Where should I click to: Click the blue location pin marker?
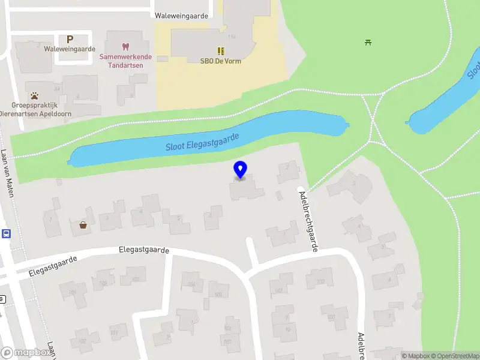point(240,170)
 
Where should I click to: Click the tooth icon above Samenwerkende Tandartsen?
point(125,46)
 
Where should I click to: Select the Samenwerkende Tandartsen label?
point(125,61)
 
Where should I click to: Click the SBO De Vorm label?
point(221,61)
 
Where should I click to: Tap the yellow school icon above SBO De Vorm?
point(221,50)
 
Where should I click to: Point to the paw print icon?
point(35,95)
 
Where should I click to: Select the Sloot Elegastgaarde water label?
point(202,142)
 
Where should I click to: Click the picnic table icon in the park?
point(368,42)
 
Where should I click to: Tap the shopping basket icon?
point(83,225)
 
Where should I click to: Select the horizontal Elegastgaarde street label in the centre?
point(144,250)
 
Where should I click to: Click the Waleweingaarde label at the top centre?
point(181,16)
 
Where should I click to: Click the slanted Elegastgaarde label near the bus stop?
point(53,267)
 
